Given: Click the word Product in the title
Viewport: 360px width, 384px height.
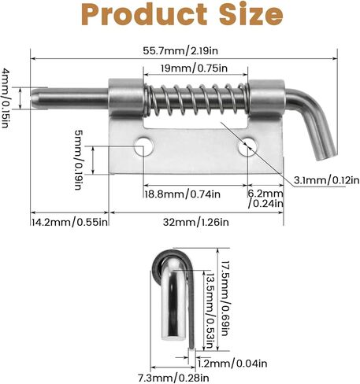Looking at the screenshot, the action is [x=144, y=14].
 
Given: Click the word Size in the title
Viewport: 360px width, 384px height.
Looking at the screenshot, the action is [x=251, y=14].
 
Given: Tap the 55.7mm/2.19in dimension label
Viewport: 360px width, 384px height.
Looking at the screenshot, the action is [x=180, y=50].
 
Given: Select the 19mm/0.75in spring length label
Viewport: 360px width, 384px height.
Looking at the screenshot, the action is [x=194, y=68].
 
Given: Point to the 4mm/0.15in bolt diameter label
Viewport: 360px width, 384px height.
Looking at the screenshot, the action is [x=6, y=98].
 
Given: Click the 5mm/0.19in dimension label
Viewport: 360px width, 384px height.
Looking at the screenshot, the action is [x=79, y=160].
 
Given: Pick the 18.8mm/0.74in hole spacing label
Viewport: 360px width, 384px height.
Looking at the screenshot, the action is [x=183, y=194].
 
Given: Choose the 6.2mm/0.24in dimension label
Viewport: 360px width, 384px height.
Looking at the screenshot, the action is [x=265, y=198].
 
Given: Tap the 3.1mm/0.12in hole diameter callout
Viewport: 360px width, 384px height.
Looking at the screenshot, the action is [x=326, y=180].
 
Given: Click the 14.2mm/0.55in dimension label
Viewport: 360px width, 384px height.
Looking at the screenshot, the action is [x=70, y=222].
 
